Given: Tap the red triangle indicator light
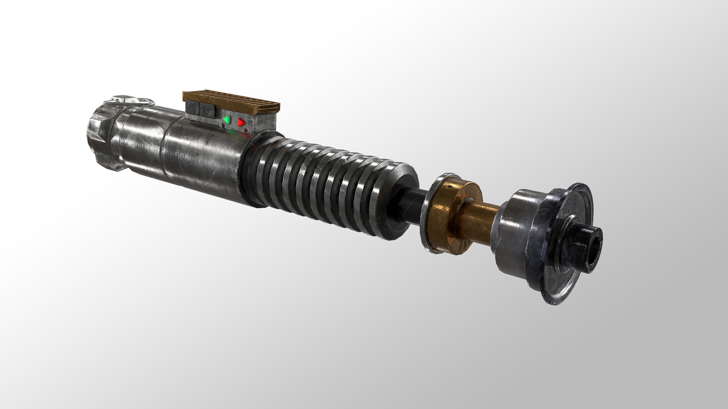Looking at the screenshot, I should (241, 122).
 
